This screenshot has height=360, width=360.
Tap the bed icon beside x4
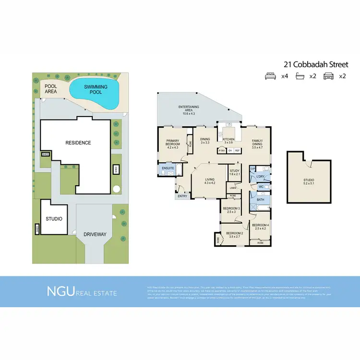271,76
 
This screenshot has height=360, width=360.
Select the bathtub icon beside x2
300,76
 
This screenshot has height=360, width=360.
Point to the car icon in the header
329,76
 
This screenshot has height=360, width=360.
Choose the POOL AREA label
51,89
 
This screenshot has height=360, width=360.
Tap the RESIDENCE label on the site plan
78,143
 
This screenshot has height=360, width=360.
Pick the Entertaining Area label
188,109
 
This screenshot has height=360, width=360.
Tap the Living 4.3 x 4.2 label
210,181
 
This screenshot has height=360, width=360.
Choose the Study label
235,172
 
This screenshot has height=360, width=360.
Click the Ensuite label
168,168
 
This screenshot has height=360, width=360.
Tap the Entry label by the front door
182,196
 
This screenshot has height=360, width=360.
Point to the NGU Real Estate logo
81,291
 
